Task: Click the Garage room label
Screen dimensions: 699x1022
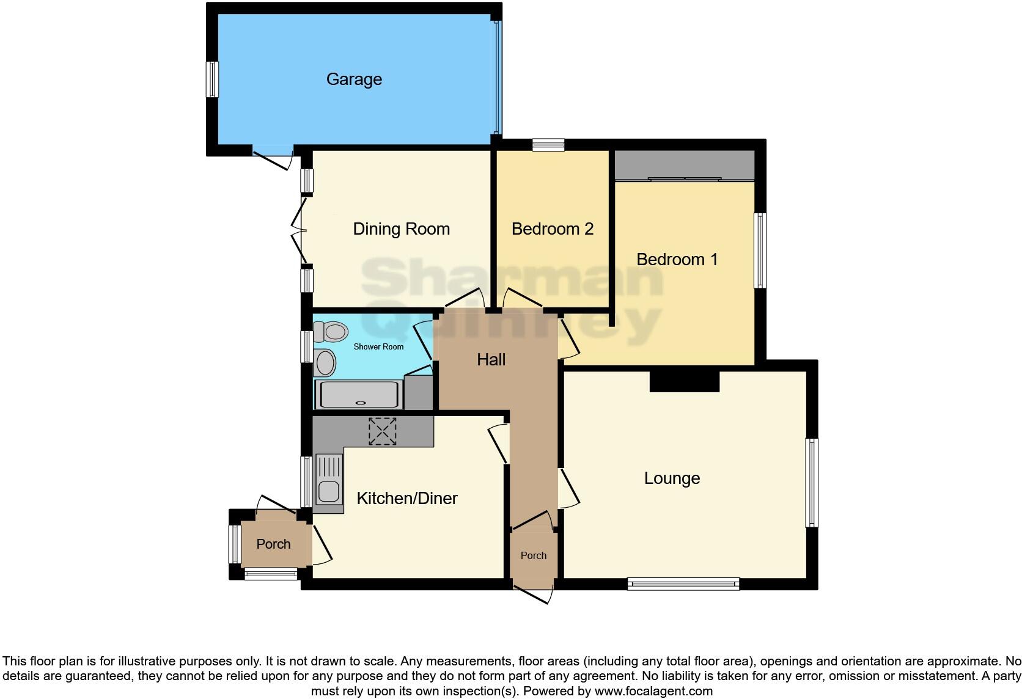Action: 354,79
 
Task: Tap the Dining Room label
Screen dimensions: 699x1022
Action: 401,229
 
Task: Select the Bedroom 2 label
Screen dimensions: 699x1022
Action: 552,229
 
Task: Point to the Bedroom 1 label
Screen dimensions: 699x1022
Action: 677,260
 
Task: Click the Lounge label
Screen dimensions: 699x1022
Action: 672,478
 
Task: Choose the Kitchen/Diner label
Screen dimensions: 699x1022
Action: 406,499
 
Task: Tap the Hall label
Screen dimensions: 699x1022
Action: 491,360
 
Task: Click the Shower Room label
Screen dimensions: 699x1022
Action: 378,347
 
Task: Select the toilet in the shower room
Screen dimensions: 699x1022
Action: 331,332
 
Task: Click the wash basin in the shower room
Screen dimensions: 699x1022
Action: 325,363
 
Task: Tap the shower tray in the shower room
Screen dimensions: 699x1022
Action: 359,394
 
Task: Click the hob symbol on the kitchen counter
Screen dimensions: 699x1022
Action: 382,431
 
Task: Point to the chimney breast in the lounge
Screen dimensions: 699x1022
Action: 684,381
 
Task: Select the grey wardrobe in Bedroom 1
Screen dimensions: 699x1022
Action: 684,165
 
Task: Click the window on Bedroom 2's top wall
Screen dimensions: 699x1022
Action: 548,145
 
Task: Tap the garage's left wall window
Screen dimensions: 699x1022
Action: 212,79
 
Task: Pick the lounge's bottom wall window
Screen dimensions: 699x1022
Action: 683,584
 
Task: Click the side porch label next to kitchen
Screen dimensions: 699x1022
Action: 273,544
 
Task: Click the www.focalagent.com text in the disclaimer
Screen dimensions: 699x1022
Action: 653,692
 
